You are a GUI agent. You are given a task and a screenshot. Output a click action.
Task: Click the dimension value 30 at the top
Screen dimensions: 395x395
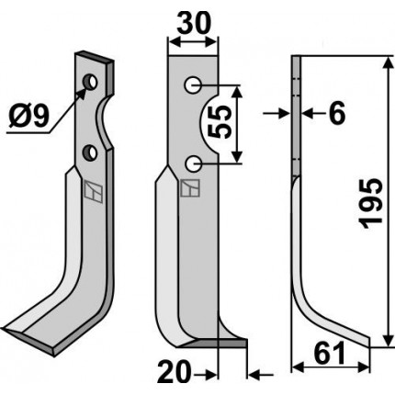coord(194,23)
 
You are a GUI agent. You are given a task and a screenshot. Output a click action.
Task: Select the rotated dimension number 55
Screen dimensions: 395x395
coord(219,122)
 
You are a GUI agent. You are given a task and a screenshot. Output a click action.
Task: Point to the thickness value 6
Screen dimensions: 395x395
coord(337,114)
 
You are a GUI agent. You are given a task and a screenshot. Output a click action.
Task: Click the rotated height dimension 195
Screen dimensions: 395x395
coord(371,203)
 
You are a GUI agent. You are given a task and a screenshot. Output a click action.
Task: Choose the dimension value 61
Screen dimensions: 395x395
coord(329,354)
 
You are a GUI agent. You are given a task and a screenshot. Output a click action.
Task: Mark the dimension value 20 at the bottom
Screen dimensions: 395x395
coord(174,373)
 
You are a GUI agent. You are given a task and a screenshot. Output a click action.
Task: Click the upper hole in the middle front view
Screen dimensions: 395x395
coord(193,85)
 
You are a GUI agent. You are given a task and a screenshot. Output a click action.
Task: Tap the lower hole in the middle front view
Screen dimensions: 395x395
coord(193,164)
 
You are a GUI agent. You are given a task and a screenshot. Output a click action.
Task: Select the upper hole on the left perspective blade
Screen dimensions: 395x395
coord(91,82)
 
